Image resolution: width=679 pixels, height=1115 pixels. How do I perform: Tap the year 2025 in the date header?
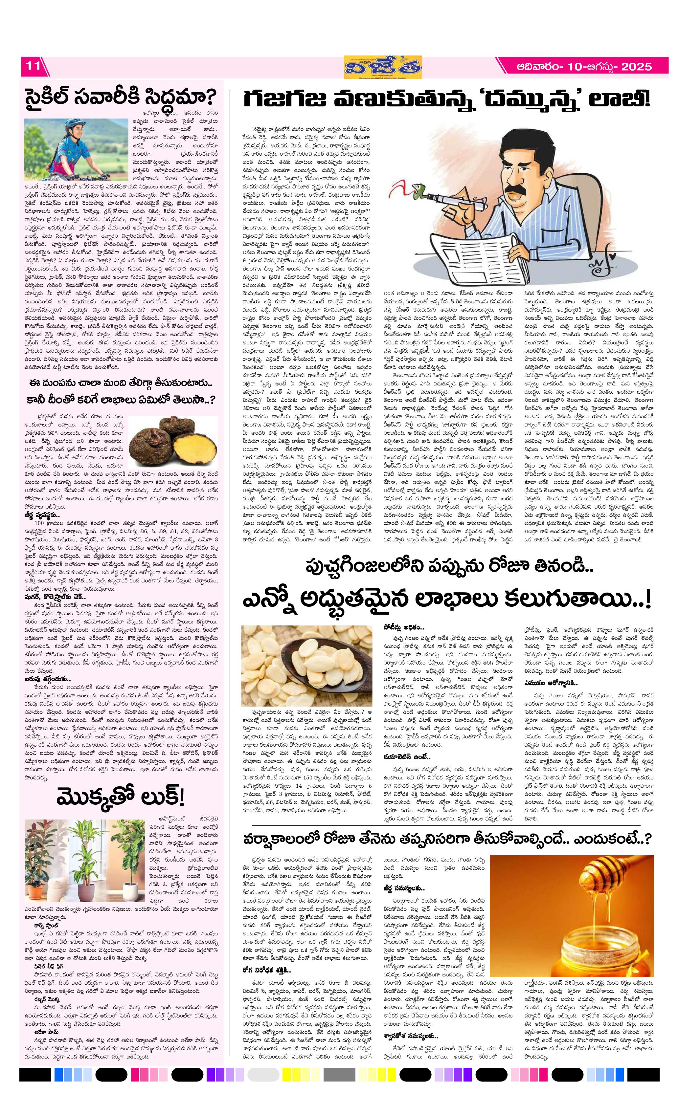click(x=636, y=67)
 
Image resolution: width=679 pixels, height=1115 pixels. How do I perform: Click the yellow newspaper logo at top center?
click(x=382, y=67)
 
